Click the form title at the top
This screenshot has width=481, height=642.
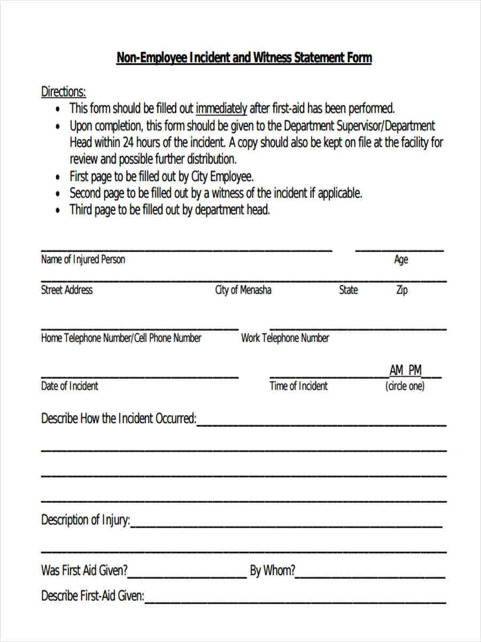[x=244, y=58]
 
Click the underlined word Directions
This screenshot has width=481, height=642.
[x=63, y=91]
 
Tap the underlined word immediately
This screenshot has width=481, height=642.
[x=221, y=109]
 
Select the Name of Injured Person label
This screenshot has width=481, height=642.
[x=83, y=259]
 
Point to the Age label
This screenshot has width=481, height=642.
[x=401, y=259]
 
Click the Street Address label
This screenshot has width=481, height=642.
[x=67, y=290]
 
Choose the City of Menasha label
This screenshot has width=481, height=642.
[x=243, y=290]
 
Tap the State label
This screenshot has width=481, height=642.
[x=348, y=290]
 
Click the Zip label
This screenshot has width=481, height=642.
[x=401, y=291]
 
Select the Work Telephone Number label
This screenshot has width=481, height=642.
[x=285, y=338]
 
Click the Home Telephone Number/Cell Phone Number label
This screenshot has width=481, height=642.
[x=121, y=338]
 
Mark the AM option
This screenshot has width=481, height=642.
[x=397, y=370]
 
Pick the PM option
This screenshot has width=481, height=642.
[x=415, y=370]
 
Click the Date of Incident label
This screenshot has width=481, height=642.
[x=69, y=386]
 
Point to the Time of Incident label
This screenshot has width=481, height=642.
[x=298, y=386]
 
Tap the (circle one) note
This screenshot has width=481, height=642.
[x=405, y=386]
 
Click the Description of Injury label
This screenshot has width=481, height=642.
[x=85, y=520]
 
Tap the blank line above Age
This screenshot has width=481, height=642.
[x=399, y=249]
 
